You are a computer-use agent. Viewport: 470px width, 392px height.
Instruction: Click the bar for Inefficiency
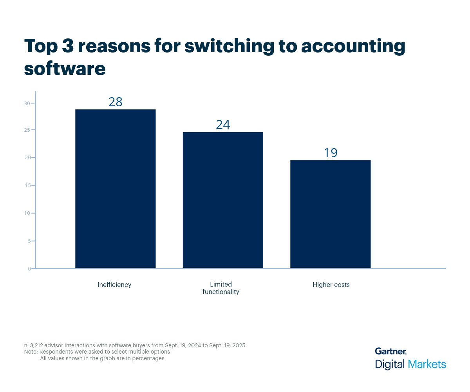pyautogui.click(x=115, y=189)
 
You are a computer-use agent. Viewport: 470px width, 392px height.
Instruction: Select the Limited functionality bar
pyautogui.click(x=223, y=200)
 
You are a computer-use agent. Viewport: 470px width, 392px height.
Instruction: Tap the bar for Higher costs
pyautogui.click(x=330, y=214)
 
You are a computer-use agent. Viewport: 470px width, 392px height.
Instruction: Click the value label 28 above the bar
pyautogui.click(x=115, y=102)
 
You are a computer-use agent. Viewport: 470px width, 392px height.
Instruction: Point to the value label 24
pyautogui.click(x=223, y=125)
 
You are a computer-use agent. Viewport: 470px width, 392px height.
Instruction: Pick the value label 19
pyautogui.click(x=330, y=153)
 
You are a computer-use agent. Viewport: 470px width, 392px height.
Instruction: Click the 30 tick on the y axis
pyautogui.click(x=27, y=103)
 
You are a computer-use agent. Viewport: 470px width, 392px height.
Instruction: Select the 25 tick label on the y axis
pyautogui.click(x=27, y=130)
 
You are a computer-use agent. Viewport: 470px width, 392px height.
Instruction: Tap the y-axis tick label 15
pyautogui.click(x=27, y=185)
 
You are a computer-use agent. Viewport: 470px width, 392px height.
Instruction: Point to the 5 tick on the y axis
pyautogui.click(x=29, y=241)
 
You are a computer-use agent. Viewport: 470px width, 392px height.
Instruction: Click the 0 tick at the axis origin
pyautogui.click(x=29, y=269)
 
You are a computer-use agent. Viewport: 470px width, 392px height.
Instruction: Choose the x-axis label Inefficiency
pyautogui.click(x=114, y=285)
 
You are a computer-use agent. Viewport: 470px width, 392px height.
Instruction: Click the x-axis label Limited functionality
pyautogui.click(x=221, y=288)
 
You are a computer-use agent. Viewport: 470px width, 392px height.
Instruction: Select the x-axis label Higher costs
pyautogui.click(x=331, y=285)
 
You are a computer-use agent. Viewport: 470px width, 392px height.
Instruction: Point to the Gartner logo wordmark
pyautogui.click(x=390, y=351)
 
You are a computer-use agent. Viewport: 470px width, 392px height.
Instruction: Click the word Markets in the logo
pyautogui.click(x=427, y=364)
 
